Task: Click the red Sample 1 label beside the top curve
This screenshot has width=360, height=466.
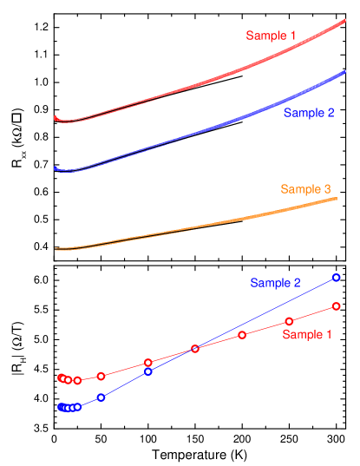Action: (x=271, y=36)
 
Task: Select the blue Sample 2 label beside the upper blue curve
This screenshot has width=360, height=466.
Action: (x=308, y=113)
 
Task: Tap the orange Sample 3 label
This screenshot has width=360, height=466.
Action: (x=305, y=189)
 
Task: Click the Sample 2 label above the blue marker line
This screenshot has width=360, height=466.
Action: (x=276, y=283)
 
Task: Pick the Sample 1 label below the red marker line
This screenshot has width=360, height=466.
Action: (x=308, y=334)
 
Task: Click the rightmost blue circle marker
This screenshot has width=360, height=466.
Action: (x=336, y=278)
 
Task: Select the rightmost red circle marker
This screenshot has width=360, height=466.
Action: (x=335, y=305)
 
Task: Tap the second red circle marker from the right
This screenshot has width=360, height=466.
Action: (x=289, y=322)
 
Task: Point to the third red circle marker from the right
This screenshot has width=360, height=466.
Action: (x=242, y=335)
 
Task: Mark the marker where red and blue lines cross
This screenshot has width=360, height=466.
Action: (x=195, y=349)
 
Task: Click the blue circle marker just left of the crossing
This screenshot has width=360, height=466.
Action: (x=148, y=371)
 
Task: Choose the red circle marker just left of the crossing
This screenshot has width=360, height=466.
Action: (x=148, y=362)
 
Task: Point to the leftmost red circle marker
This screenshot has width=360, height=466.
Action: (x=61, y=377)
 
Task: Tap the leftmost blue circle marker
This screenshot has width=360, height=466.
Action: (x=61, y=406)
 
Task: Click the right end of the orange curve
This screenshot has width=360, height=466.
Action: (x=337, y=199)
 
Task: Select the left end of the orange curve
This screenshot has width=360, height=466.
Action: (x=56, y=249)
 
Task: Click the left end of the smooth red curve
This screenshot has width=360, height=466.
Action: (x=55, y=117)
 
